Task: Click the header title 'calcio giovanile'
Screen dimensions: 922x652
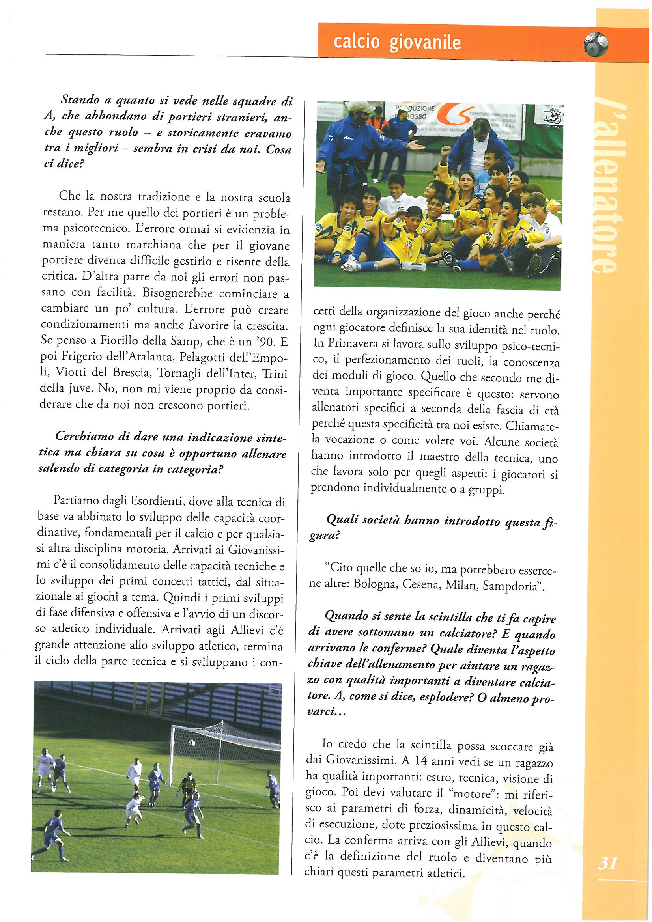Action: (x=397, y=43)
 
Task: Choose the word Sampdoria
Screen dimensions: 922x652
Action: (x=510, y=586)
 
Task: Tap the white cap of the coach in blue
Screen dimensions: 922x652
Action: (x=361, y=107)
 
